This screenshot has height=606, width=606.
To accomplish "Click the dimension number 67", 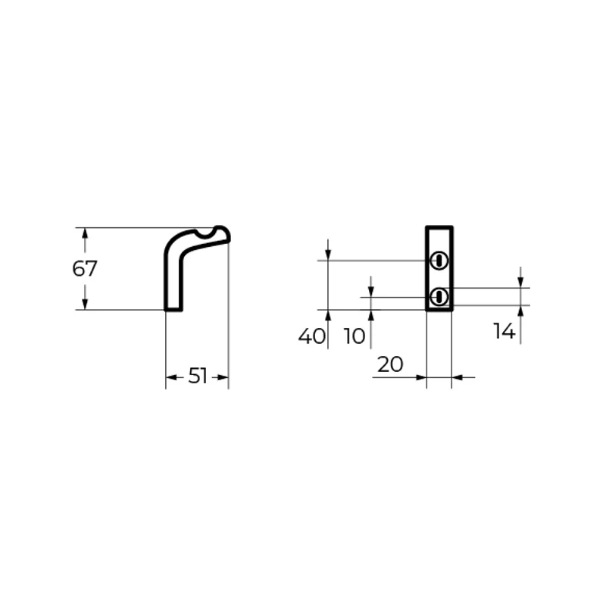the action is (x=85, y=269).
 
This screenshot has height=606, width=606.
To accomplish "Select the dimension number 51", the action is (x=198, y=376).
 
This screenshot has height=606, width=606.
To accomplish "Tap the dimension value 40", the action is (x=312, y=336).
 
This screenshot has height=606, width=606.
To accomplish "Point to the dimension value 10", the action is (x=355, y=336).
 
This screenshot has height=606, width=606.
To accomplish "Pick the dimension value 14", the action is (x=504, y=331).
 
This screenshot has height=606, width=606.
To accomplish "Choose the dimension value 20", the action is (x=390, y=364).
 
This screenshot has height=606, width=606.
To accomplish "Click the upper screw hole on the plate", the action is (x=439, y=261).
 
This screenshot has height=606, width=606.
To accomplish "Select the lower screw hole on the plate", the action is (x=439, y=297).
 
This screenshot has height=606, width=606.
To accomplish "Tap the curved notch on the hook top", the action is (x=205, y=235).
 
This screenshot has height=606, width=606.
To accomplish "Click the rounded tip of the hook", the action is (x=224, y=233).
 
